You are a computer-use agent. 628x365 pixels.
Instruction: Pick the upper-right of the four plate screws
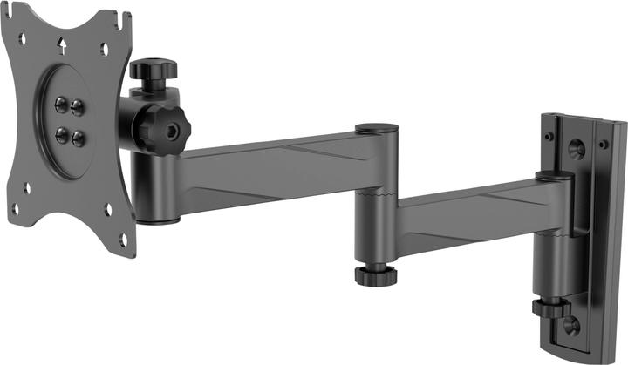pos(77,107)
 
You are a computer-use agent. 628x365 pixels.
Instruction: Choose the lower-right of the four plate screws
pos(78,138)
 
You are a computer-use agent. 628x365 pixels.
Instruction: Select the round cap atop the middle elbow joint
pos(377,129)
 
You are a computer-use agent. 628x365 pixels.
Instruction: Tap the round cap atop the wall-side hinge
pos(555,175)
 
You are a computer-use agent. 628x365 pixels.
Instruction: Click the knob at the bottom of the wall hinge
pos(551,308)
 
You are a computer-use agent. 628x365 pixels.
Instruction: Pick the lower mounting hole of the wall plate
pos(570,326)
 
